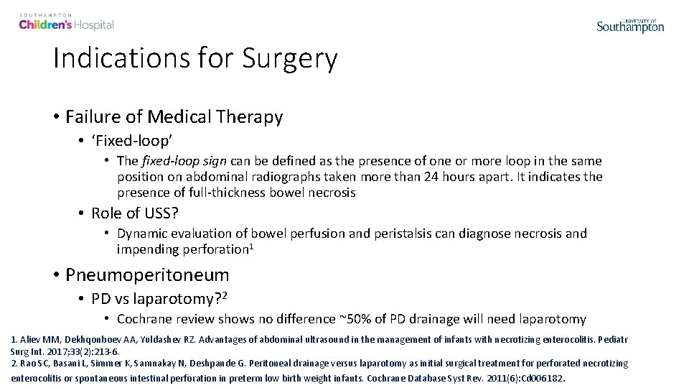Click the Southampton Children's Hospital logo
pos(67,22)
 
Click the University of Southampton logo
pos(630,26)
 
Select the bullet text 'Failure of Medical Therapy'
pos(174,116)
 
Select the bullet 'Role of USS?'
pos(135,213)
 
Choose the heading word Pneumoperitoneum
pos(147,274)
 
